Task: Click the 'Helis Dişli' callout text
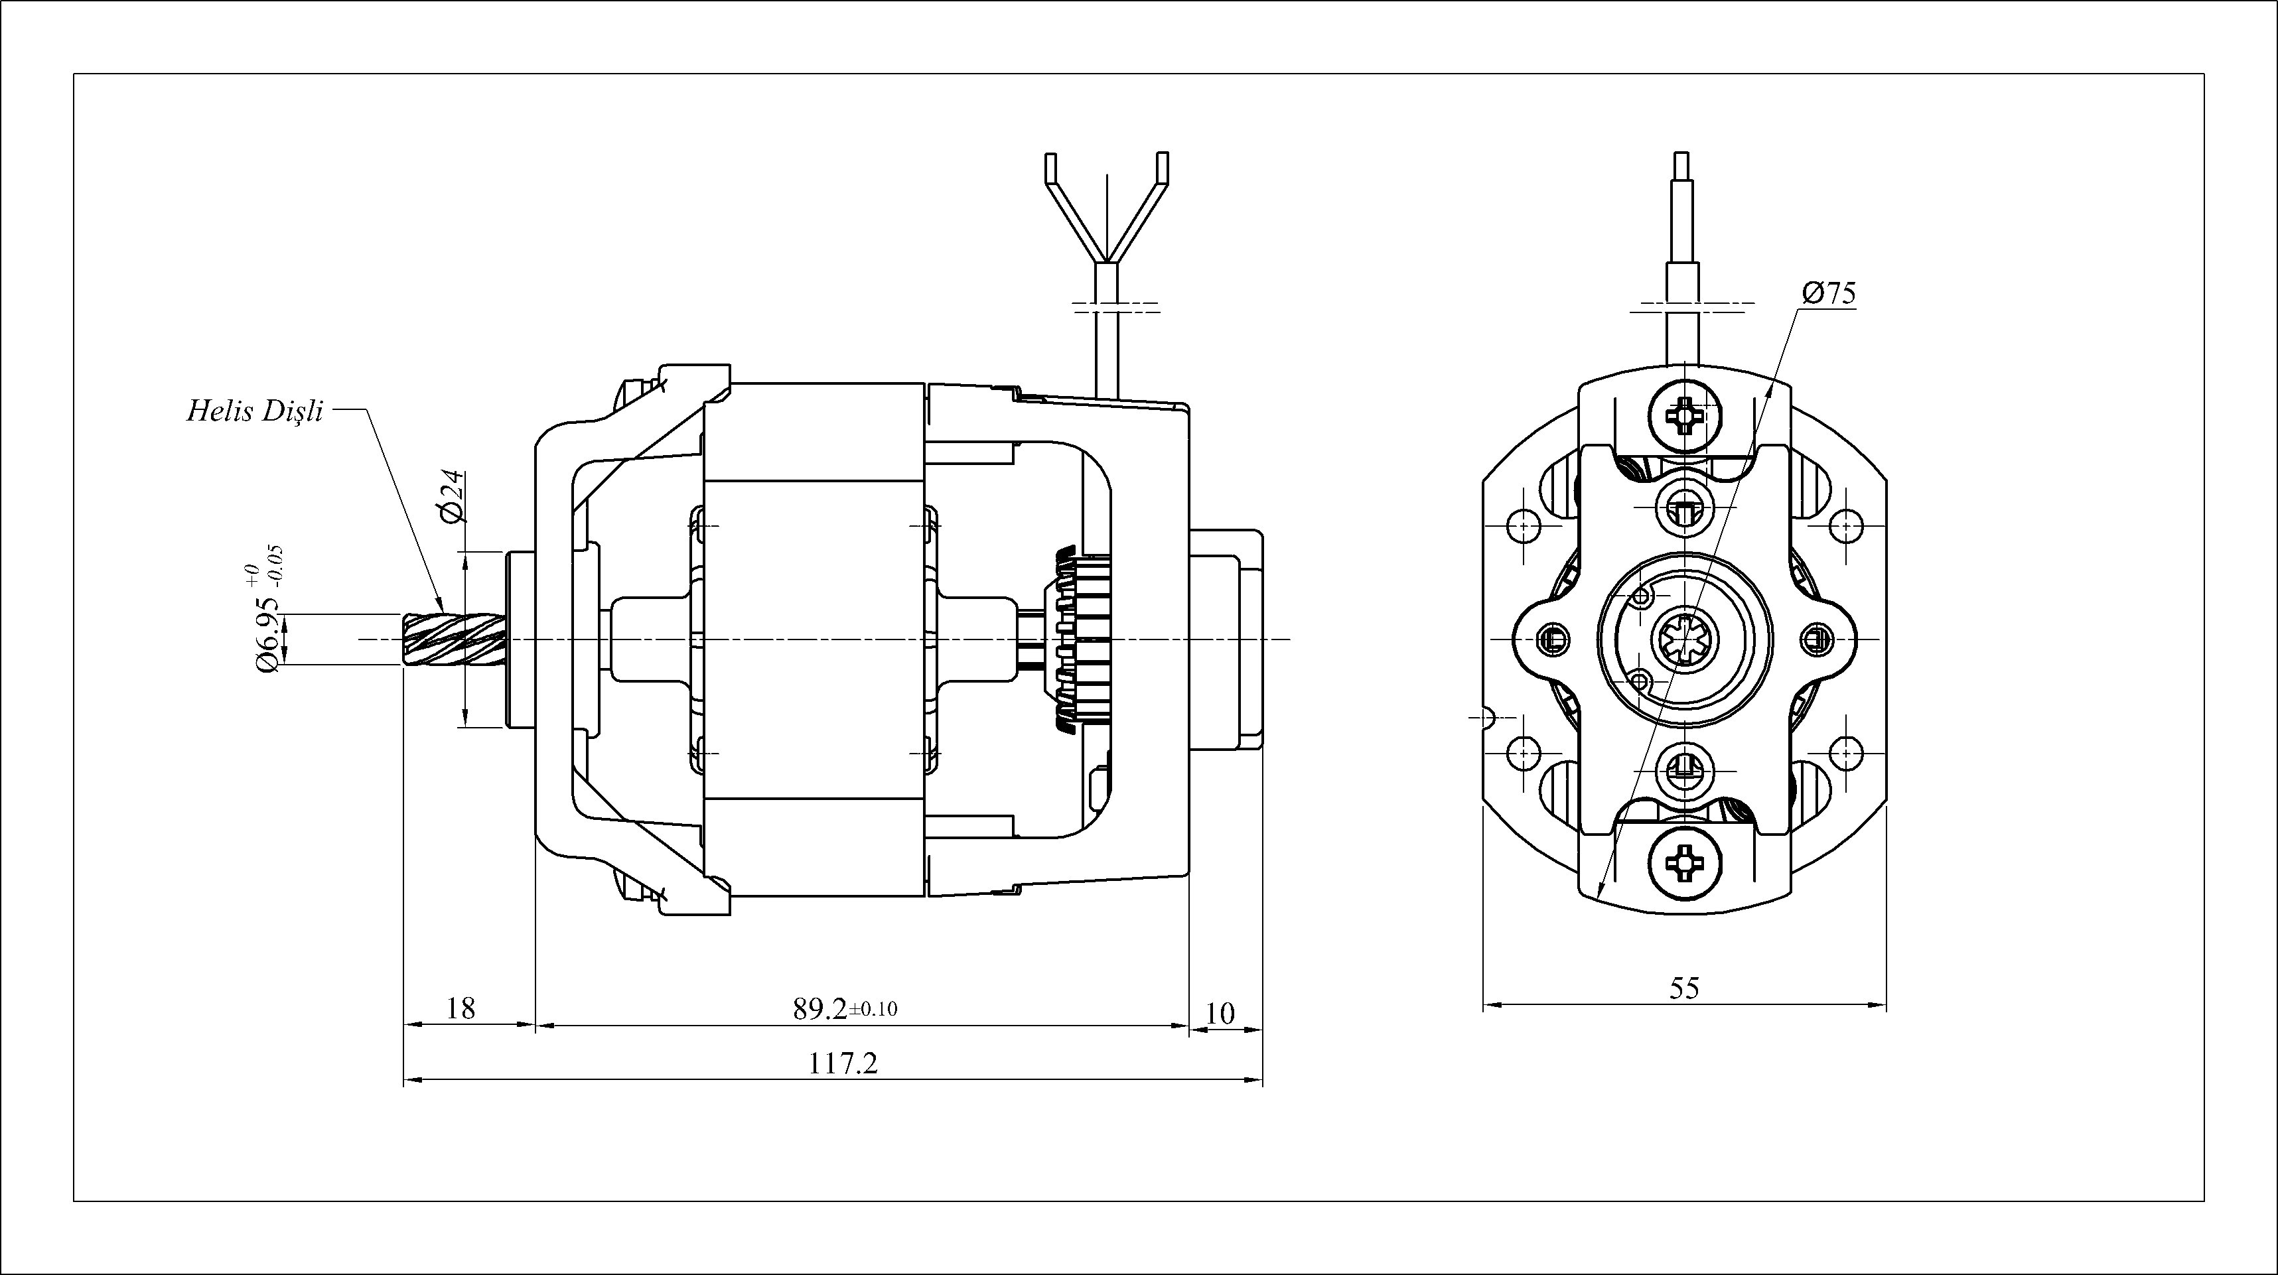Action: pyautogui.click(x=255, y=411)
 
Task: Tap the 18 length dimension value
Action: pyautogui.click(x=461, y=1008)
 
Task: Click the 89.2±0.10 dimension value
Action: pyautogui.click(x=845, y=1009)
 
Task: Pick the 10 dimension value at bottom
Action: pyautogui.click(x=1220, y=1013)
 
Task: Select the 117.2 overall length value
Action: pyautogui.click(x=843, y=1063)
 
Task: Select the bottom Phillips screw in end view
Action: pyautogui.click(x=1686, y=860)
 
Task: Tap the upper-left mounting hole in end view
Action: pyautogui.click(x=1524, y=527)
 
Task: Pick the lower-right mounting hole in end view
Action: pyautogui.click(x=1847, y=752)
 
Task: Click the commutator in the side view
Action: pyautogui.click(x=1081, y=638)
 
